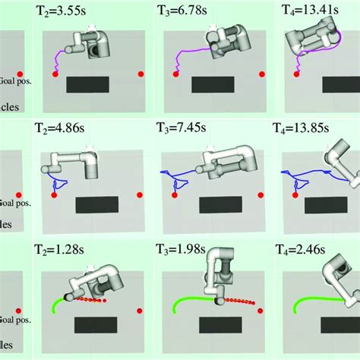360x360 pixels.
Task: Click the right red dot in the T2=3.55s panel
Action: click(x=141, y=74)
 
